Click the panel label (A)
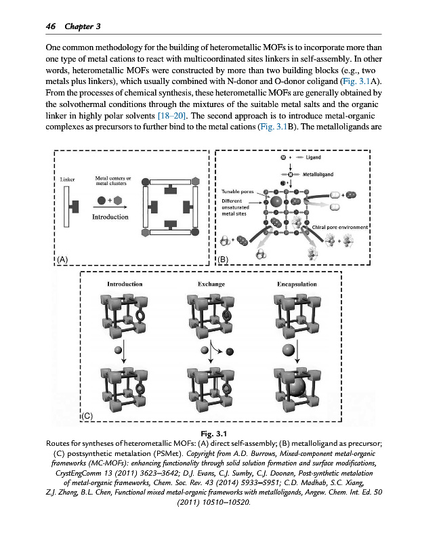(x=62, y=259)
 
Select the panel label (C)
(x=89, y=413)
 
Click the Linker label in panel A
(x=66, y=180)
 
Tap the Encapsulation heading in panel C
(x=297, y=284)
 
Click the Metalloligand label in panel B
(x=318, y=175)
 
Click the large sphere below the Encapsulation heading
(x=289, y=350)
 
